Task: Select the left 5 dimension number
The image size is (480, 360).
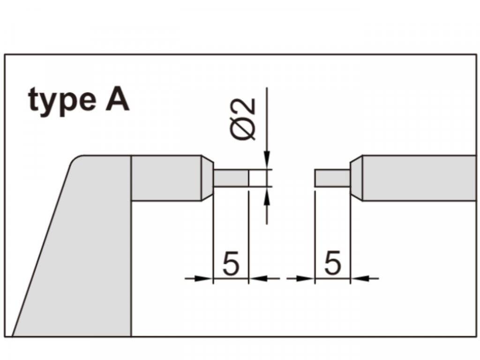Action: coord(231,263)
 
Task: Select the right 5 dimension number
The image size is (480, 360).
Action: coord(332,263)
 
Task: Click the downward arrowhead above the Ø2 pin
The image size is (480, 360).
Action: coord(267,160)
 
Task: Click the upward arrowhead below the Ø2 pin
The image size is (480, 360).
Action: coord(267,197)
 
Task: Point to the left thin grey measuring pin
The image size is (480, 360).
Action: coord(231,178)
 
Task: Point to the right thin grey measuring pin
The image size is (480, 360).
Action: coord(332,178)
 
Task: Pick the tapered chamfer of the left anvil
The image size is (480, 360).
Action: coord(207,178)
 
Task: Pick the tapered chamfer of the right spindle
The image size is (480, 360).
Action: coord(356,178)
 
